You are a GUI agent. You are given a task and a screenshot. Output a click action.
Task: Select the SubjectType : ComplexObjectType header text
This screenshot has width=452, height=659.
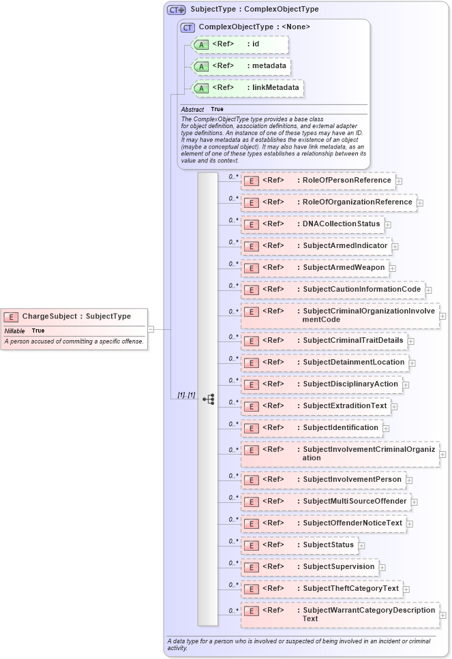[254, 10]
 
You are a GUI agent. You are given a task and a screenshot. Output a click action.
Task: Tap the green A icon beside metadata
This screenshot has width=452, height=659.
[201, 67]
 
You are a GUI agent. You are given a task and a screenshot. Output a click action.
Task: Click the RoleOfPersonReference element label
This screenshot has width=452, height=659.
[347, 181]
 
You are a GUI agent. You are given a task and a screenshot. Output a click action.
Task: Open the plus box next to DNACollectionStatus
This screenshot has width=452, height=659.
[387, 224]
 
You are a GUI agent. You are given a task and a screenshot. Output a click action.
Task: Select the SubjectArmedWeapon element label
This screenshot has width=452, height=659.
[344, 268]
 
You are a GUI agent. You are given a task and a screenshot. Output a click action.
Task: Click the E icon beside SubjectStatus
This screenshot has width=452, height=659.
[251, 545]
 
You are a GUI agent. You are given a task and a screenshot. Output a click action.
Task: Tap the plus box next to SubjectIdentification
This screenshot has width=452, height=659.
[386, 428]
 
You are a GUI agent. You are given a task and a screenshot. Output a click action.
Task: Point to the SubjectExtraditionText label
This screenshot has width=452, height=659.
[345, 406]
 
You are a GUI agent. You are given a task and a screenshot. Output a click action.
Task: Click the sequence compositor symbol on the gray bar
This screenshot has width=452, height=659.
[209, 399]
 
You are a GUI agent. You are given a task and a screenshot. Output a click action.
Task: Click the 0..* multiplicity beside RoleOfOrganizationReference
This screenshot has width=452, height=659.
[233, 198]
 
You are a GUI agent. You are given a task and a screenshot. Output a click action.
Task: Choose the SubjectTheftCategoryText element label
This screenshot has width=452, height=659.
[350, 589]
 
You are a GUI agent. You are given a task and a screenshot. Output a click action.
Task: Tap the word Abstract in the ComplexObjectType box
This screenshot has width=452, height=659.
[192, 109]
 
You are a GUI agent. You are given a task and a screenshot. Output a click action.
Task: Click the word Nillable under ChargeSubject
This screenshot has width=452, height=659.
[15, 331]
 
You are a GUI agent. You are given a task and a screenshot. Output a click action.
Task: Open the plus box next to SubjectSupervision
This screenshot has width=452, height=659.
[382, 567]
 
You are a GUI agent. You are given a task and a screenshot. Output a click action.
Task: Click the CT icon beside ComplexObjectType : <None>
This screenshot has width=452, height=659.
[187, 27]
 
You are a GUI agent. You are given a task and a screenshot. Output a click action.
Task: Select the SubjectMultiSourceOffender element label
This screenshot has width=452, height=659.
[355, 502]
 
